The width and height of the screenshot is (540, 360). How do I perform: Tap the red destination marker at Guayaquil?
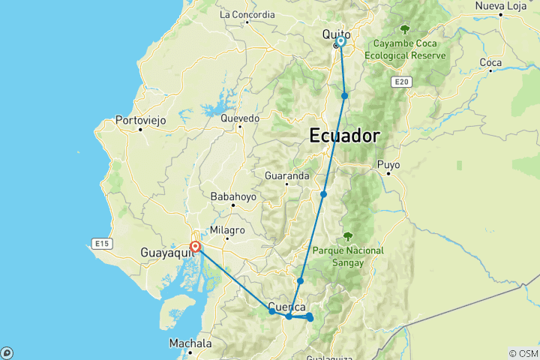195,246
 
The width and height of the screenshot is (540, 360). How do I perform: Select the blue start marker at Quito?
340,42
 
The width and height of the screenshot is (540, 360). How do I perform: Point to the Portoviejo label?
139,119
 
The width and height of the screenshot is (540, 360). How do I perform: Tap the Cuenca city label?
286,307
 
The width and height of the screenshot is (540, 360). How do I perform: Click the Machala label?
190,343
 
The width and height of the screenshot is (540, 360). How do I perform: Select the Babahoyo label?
233,196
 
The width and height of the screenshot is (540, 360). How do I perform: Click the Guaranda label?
286,175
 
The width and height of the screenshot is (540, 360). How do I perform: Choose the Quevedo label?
239,118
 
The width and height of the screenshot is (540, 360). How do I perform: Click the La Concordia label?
247,14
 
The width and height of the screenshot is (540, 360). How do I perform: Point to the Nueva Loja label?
498,6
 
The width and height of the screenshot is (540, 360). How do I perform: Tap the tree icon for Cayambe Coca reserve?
405,29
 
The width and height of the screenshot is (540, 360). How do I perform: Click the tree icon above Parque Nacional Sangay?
347,235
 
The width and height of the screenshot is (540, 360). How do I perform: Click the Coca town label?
490,62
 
